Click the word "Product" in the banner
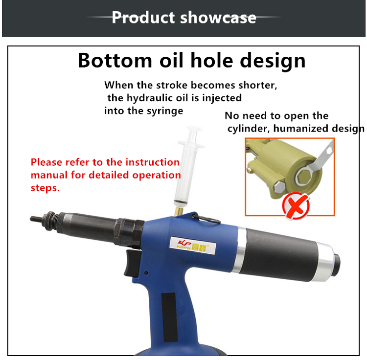tap(143, 18)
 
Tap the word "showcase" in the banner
tap(218, 18)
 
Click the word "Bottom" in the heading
tap(115, 61)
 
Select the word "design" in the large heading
tap(273, 61)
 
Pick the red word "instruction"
tap(152, 162)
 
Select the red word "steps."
tap(45, 188)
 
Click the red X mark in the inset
tap(296, 206)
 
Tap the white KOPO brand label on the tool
tap(193, 246)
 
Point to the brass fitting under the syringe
tap(179, 211)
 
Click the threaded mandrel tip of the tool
tap(36, 219)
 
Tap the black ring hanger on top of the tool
tap(206, 219)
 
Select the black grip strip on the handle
tap(169, 317)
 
